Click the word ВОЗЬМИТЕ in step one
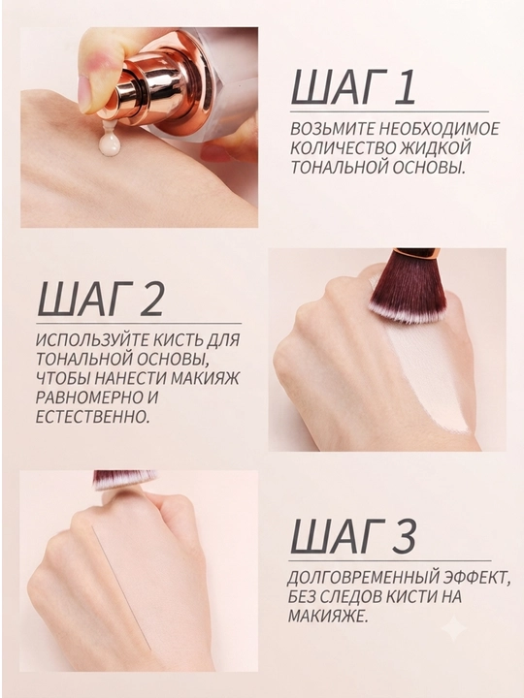pyautogui.click(x=332, y=129)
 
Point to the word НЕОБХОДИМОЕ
pyautogui.click(x=439, y=129)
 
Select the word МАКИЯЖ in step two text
pyautogui.click(x=206, y=378)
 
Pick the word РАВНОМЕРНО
pyautogui.click(x=88, y=397)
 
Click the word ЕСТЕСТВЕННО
pyautogui.click(x=92, y=417)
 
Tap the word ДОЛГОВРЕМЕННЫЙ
pyautogui.click(x=364, y=578)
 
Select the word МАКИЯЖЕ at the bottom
pyautogui.click(x=328, y=616)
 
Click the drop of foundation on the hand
pyautogui.click(x=110, y=143)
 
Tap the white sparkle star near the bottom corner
pyautogui.click(x=453, y=628)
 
